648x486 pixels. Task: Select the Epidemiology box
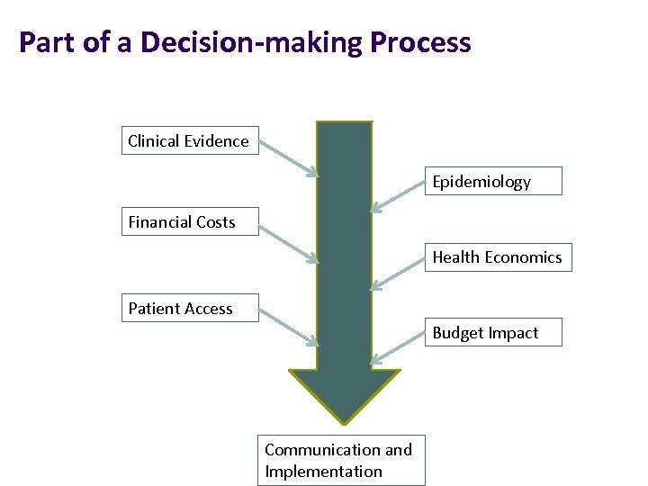(493, 181)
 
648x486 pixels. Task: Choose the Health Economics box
(497, 257)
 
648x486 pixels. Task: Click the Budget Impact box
(493, 332)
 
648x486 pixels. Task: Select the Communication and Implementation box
(341, 461)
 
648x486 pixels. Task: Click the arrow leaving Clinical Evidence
(288, 157)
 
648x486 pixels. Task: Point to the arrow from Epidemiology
(398, 197)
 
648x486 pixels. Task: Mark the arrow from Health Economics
(398, 273)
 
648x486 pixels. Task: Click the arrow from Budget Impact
(398, 348)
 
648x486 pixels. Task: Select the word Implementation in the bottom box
(323, 472)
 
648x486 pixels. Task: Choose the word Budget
(458, 332)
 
